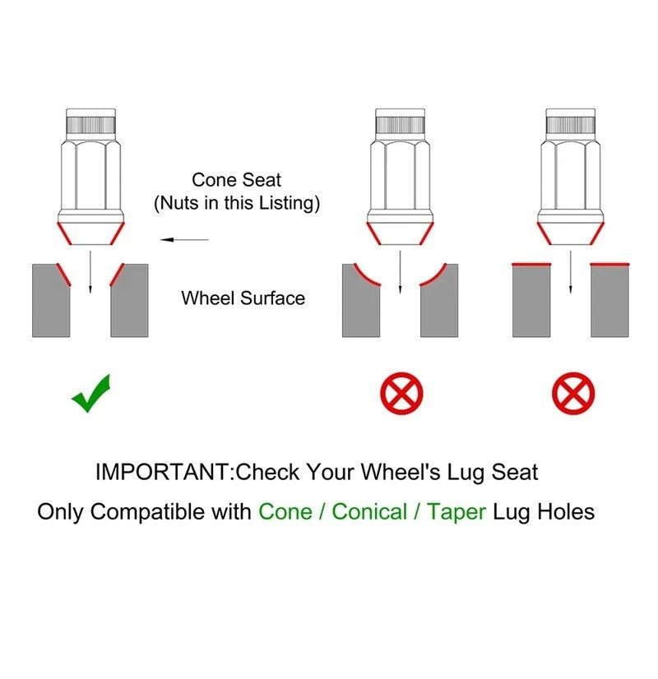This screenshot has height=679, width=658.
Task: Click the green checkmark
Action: pos(90,394)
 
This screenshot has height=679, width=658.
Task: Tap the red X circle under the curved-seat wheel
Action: pos(401,393)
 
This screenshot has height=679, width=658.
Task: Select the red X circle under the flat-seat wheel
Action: pos(573,393)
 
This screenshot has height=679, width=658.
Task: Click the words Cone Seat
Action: pos(237,180)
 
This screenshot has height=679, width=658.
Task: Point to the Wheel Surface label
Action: pos(243,298)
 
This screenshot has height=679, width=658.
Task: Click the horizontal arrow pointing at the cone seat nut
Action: pos(184,239)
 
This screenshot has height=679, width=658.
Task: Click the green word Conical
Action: pos(369,511)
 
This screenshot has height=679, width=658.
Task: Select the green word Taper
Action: pos(456,512)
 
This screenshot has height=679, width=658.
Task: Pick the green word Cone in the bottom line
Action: pos(285,511)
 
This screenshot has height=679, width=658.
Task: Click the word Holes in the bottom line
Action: pos(566,511)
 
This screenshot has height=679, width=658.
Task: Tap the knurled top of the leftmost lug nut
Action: pos(91,125)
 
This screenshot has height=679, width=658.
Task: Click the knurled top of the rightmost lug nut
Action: pos(571,125)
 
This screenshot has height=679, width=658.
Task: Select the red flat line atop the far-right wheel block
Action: pos(609,264)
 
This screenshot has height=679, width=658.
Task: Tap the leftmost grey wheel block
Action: pos(51,301)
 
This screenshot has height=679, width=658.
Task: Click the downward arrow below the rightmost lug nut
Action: pos(571,271)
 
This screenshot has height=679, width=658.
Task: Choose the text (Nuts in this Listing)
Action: pos(237,203)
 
